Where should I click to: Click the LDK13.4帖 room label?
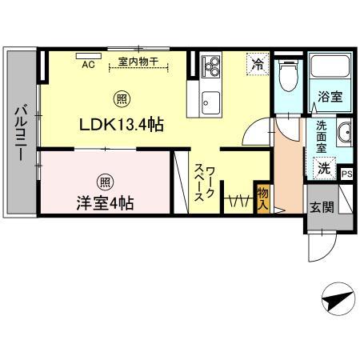click(122, 125)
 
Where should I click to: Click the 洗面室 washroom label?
click(320, 136)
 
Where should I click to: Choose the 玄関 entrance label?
click(321, 208)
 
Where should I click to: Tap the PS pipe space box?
click(346, 174)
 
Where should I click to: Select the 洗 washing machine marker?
click(323, 170)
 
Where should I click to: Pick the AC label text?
click(88, 66)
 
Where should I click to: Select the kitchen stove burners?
click(212, 66)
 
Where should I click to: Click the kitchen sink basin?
click(211, 100)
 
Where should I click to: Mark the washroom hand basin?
click(344, 134)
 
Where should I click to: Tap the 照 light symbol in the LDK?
click(122, 100)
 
